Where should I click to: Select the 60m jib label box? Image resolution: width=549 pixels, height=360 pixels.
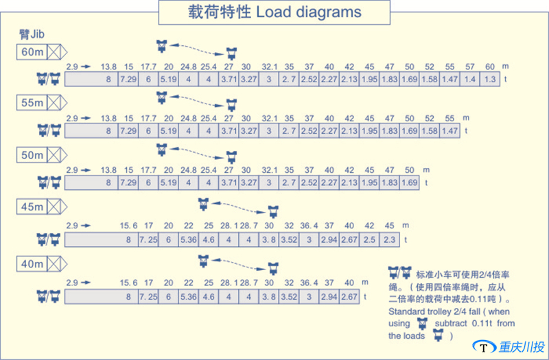coord(32,51)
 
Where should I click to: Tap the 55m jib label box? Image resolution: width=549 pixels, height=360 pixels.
coord(32,103)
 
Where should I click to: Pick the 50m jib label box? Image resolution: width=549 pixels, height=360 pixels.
coord(32,155)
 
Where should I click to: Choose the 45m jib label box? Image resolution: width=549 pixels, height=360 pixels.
coord(32,206)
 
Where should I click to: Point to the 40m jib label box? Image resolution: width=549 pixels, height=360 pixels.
coord(32,263)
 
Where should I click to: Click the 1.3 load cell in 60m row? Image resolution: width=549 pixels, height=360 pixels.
coord(490,80)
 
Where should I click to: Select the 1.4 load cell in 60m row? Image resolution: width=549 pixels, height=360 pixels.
coord(470,80)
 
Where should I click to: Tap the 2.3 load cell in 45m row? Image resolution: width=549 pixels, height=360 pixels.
coord(390,240)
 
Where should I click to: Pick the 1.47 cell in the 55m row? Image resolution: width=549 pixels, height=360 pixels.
coord(449,130)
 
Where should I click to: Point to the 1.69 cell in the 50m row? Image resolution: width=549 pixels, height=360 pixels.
coord(410,183)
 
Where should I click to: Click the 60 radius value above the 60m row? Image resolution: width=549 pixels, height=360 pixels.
coord(489,67)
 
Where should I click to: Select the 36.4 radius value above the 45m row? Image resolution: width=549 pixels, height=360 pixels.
coord(309,226)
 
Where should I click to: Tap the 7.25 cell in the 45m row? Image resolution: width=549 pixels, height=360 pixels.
coord(148,240)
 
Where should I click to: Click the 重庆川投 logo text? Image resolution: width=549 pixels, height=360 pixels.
coord(522,348)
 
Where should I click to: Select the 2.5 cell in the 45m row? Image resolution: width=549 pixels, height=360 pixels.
coord(370,240)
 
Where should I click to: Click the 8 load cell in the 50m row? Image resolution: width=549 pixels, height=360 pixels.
coord(108,183)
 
